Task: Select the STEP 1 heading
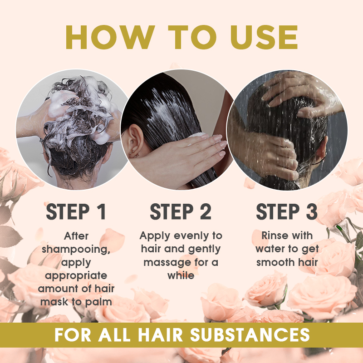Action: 76,212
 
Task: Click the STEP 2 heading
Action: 181,212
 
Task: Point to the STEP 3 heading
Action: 287,212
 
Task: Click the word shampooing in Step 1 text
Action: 76,249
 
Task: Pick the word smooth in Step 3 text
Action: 274,262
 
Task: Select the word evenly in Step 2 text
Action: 191,235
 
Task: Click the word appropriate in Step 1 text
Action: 76,275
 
